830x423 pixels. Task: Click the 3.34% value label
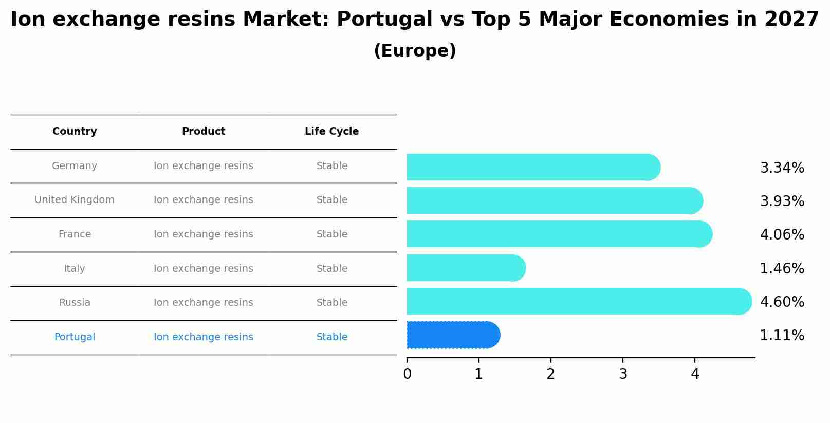pyautogui.click(x=782, y=168)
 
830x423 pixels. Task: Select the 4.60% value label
pyautogui.click(x=782, y=302)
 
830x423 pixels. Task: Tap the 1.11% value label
pyautogui.click(x=782, y=336)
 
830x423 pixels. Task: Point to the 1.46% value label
pyautogui.click(x=782, y=268)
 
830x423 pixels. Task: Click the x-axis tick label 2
pyautogui.click(x=551, y=374)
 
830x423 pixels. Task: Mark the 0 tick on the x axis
pyautogui.click(x=407, y=374)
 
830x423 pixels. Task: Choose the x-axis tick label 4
pyautogui.click(x=695, y=374)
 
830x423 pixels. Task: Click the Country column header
pyautogui.click(x=75, y=132)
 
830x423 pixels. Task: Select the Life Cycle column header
pyautogui.click(x=331, y=132)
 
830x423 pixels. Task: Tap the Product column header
pyautogui.click(x=204, y=132)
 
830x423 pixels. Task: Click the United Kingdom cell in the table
pyautogui.click(x=75, y=200)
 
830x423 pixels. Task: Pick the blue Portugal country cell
pyautogui.click(x=75, y=337)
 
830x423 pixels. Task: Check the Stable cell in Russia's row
pyautogui.click(x=332, y=303)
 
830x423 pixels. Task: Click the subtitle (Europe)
pyautogui.click(x=415, y=51)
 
